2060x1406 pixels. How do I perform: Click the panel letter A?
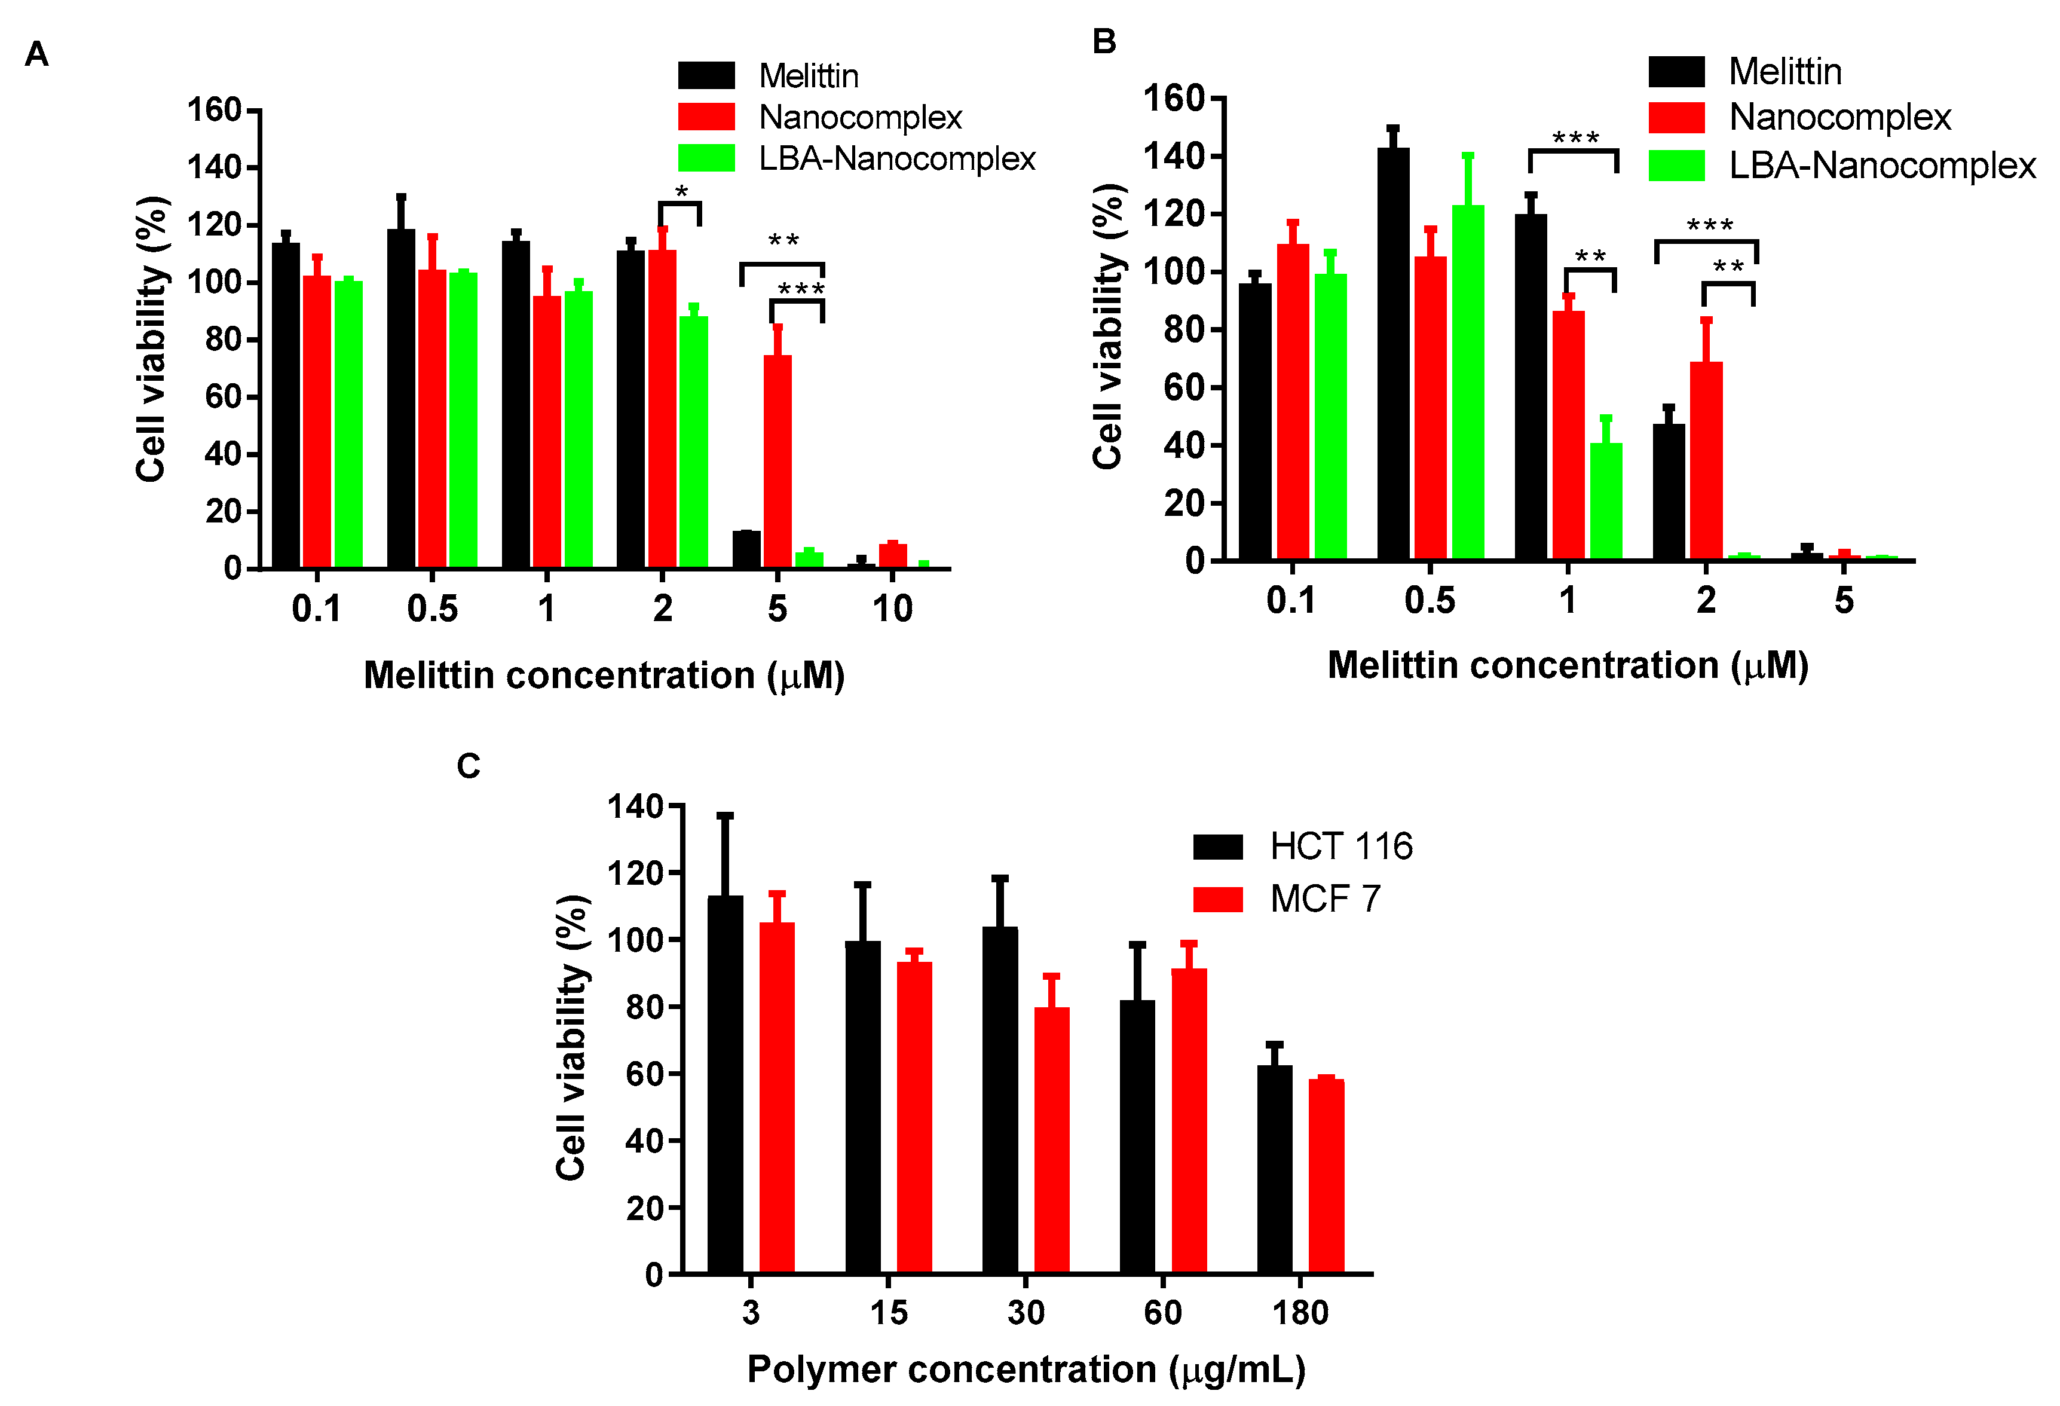36,55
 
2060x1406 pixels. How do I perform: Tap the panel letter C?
468,766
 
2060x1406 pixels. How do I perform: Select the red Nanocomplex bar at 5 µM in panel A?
778,461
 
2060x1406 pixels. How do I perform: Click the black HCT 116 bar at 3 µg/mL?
725,1086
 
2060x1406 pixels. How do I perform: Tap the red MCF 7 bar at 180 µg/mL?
1326,1176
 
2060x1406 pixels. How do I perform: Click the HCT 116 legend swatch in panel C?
1217,846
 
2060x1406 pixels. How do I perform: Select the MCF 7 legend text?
1324,899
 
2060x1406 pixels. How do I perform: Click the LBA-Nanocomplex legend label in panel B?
1882,166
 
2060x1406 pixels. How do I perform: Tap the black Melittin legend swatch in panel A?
706,75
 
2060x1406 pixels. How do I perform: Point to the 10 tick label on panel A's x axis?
892,609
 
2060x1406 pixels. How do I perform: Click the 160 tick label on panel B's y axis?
1173,99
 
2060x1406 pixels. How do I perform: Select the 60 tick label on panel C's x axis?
1162,1312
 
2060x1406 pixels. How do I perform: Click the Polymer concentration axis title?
1026,1370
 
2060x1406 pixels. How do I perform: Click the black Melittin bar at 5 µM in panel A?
746,549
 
